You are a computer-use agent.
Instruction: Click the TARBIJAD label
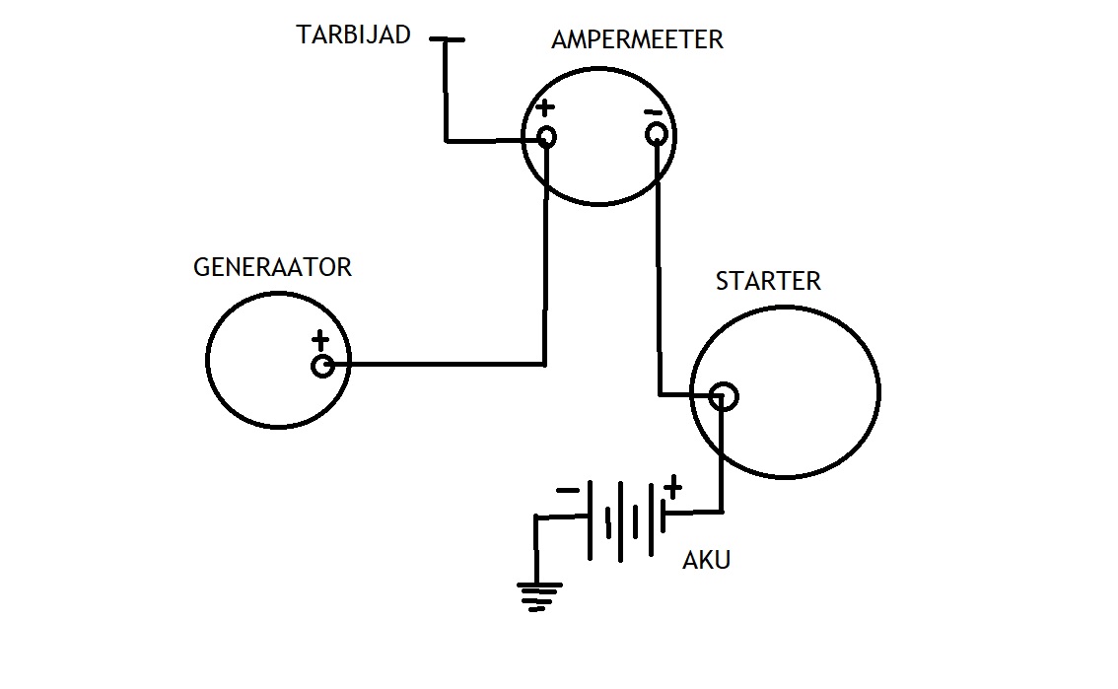tap(354, 34)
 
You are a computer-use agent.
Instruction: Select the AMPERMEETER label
tap(638, 39)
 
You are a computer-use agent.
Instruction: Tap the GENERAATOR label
tap(272, 267)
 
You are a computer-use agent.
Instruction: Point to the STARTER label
tap(768, 282)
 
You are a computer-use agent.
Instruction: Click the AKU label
tap(707, 561)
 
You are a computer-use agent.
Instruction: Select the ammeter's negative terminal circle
tap(657, 134)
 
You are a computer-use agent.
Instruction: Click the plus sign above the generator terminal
tap(320, 340)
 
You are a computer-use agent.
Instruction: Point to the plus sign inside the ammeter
tap(545, 108)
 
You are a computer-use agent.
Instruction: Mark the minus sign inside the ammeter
tap(653, 112)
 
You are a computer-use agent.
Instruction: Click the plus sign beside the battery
tap(672, 487)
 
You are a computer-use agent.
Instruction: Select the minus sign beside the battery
tap(568, 490)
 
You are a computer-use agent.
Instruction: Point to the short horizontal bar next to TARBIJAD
tap(447, 39)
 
